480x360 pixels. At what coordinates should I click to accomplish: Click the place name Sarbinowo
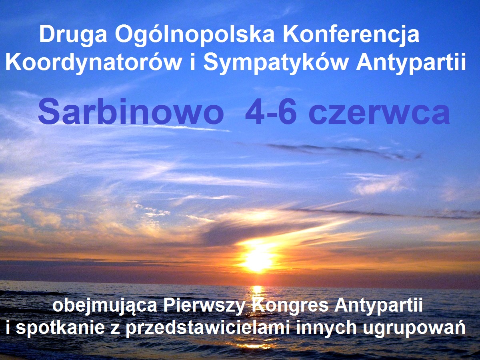[x=130, y=111]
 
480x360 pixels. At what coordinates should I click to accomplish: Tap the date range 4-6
[x=270, y=112]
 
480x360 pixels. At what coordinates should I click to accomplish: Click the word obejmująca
[x=105, y=306]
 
